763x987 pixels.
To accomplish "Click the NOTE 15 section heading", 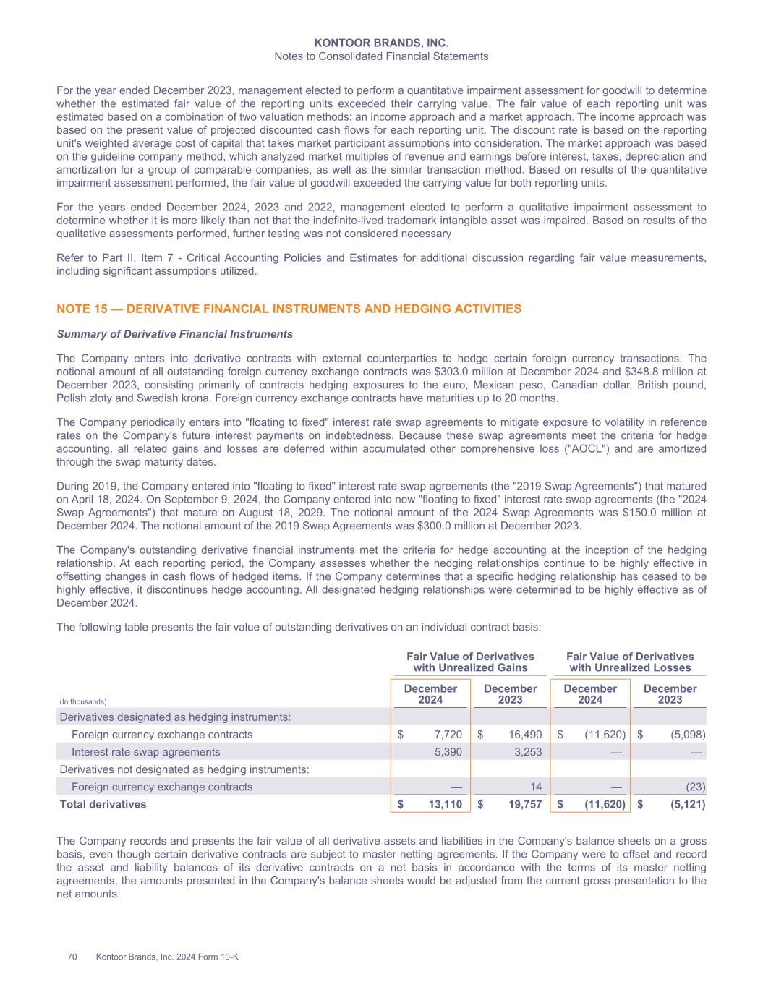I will (289, 309).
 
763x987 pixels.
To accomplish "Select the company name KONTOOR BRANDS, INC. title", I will (381, 43).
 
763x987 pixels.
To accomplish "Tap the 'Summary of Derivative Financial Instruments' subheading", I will (174, 334).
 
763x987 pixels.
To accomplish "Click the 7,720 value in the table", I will (448, 735).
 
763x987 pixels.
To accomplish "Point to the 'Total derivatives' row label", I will (103, 804).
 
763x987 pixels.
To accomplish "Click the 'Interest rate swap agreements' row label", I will (145, 752).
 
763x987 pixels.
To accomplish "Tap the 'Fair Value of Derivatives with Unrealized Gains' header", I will (470, 662).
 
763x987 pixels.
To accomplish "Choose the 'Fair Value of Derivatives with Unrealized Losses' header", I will (629, 662).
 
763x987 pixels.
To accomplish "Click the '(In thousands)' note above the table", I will (82, 701).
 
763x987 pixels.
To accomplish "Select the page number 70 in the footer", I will (72, 957).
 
